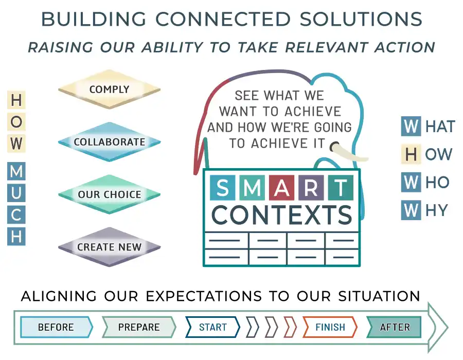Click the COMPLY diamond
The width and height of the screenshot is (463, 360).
pyautogui.click(x=109, y=89)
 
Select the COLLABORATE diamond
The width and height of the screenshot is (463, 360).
pyautogui.click(x=109, y=141)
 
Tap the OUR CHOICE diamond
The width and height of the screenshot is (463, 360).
pyautogui.click(x=109, y=194)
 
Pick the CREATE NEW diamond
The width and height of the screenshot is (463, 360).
pyautogui.click(x=109, y=247)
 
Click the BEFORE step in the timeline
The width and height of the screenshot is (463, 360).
pyautogui.click(x=57, y=327)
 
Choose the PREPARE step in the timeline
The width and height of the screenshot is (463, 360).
pyautogui.click(x=139, y=327)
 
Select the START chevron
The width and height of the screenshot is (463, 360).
pyautogui.click(x=212, y=327)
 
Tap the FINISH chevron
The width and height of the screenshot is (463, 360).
pyautogui.click(x=330, y=327)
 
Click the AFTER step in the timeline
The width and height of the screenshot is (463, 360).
pyautogui.click(x=394, y=327)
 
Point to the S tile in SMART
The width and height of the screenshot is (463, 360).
pyautogui.click(x=223, y=188)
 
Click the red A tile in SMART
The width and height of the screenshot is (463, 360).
pyautogui.click(x=282, y=188)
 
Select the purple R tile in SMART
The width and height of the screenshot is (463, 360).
pyautogui.click(x=311, y=188)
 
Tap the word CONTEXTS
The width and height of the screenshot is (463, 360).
pyautogui.click(x=282, y=215)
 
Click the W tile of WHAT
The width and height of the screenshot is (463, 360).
pyautogui.click(x=411, y=127)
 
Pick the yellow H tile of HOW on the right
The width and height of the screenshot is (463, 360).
pyautogui.click(x=411, y=154)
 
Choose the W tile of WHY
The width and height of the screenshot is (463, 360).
pyautogui.click(x=411, y=210)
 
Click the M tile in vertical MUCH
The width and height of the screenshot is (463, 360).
pyautogui.click(x=16, y=171)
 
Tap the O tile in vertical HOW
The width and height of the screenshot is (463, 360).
pyautogui.click(x=16, y=121)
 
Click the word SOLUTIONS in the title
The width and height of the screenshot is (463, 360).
pyautogui.click(x=361, y=19)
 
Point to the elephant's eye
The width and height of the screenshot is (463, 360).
pyautogui.click(x=334, y=146)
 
